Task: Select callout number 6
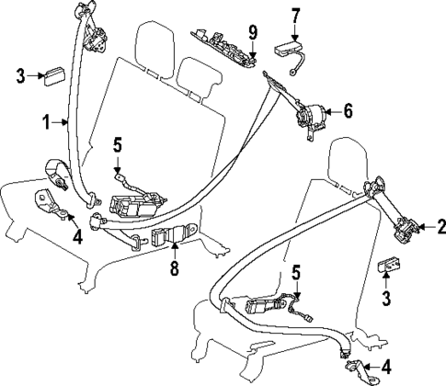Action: [x=347, y=111]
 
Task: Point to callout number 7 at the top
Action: [x=295, y=16]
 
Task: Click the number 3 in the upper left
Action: [x=20, y=77]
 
